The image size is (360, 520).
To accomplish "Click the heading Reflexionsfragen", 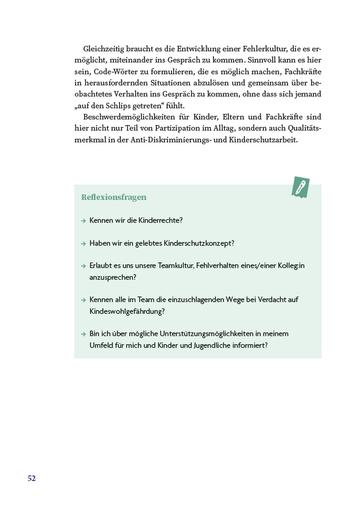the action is tap(114, 197).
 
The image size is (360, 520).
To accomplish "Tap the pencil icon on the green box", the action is tap(301, 187).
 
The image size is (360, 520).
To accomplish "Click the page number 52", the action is tap(32, 479).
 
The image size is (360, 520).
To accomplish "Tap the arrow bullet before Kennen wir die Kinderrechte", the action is tap(83, 220).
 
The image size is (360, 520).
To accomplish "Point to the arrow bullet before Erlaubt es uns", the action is tap(83, 266).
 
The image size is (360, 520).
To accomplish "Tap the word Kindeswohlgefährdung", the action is tap(126, 311).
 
